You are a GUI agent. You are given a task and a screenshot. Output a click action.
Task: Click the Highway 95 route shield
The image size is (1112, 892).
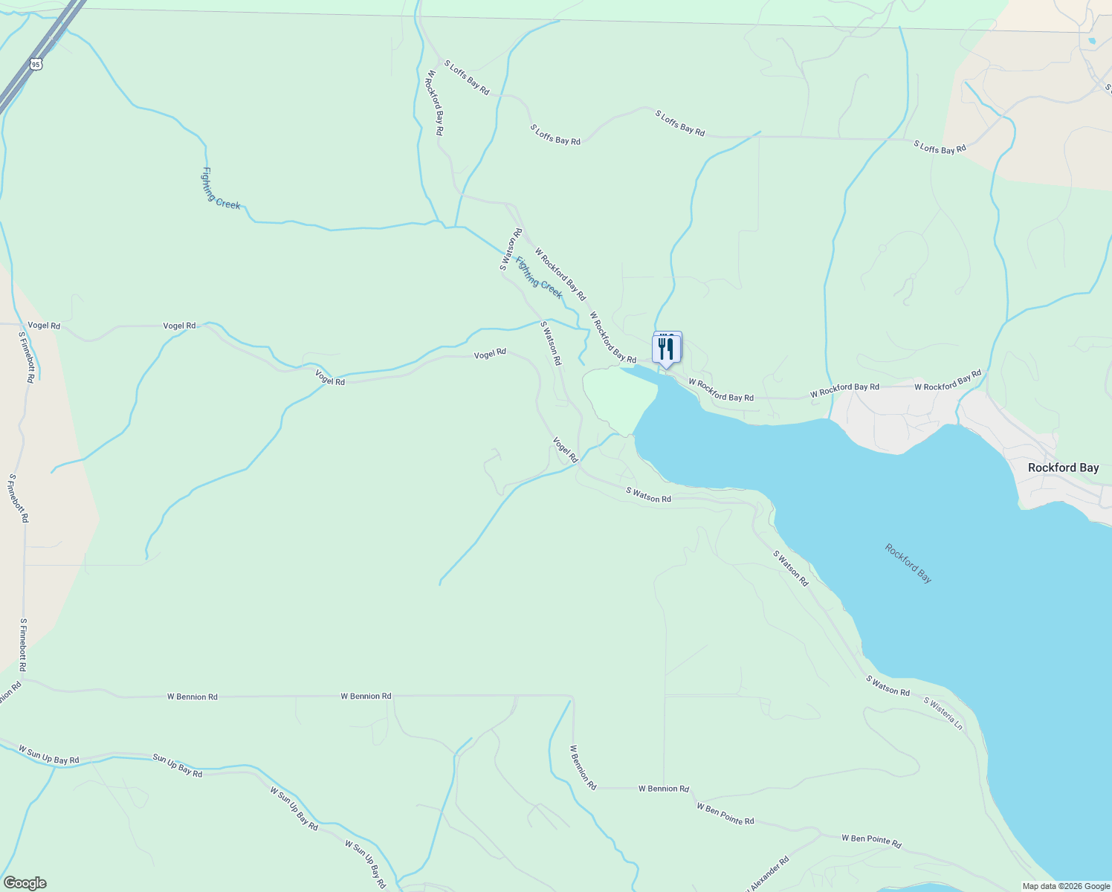(36, 65)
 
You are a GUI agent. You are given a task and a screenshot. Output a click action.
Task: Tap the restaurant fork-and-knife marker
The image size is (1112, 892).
(666, 349)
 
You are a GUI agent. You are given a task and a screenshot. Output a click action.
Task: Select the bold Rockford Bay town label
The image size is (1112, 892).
(1063, 468)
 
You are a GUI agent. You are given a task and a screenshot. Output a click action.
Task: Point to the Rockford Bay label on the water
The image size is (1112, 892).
(908, 563)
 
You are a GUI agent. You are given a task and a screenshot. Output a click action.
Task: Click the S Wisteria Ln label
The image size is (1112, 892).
(943, 713)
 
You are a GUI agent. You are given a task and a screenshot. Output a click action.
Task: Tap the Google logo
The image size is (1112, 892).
(24, 883)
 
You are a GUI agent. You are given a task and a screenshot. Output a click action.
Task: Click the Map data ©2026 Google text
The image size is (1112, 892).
(1064, 886)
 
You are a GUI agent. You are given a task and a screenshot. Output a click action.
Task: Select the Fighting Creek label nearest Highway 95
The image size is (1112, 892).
(220, 188)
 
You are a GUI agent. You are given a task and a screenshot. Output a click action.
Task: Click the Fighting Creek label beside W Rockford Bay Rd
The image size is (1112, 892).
(539, 277)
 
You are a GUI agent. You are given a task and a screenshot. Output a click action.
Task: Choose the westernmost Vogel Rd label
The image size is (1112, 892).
(44, 326)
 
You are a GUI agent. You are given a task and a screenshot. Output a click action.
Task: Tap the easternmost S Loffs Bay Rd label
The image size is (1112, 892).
(940, 147)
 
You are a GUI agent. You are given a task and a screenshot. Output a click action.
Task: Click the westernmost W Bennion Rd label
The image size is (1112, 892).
(192, 697)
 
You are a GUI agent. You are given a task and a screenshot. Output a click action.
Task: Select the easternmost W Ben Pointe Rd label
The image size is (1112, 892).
(871, 841)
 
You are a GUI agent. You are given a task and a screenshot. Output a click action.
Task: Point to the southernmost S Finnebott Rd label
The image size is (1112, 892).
(23, 645)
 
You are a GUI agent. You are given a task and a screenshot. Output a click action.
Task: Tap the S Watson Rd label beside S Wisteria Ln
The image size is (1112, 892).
(888, 685)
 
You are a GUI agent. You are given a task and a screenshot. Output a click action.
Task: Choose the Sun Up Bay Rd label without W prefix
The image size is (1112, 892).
(177, 766)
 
